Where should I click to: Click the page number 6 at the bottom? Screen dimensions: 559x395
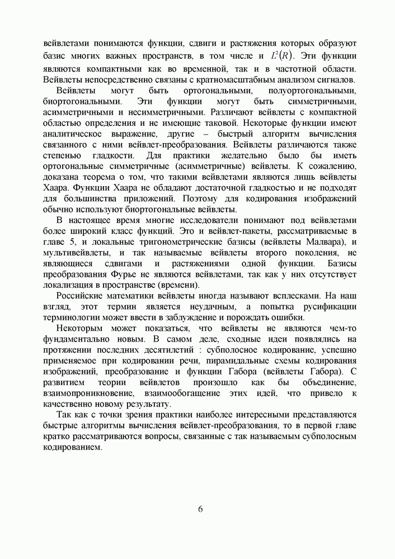click(x=200, y=509)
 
